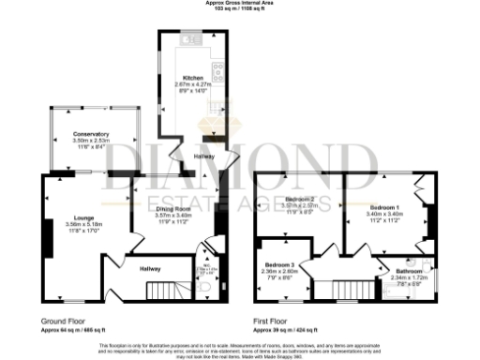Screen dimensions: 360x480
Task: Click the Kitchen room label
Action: click(194, 78)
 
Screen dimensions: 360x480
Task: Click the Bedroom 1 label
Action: click(384, 206)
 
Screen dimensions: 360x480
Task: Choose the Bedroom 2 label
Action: click(300, 200)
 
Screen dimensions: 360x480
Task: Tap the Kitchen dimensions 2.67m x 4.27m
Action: click(194, 84)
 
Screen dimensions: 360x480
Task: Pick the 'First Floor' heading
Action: click(271, 320)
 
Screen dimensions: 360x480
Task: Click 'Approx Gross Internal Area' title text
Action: click(240, 3)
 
